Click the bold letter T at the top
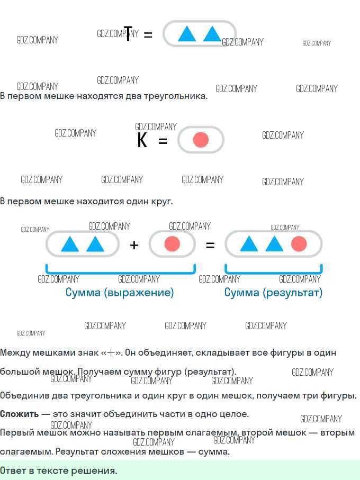pos(128,33)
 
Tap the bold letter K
pos(142,140)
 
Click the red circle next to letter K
pos(201,140)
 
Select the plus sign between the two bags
pos(134,245)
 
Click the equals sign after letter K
pos(163,141)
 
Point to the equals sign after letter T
pos(148,34)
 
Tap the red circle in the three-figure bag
pos(299,243)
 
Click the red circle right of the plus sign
pos(172,244)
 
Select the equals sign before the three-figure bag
pos(210,245)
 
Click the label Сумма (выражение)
pos(120,293)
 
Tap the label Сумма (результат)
pos(273,293)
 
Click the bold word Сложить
pos(19,414)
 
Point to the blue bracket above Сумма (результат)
pos(273,272)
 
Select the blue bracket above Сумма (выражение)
pos(121,272)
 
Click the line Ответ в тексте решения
pos(58,470)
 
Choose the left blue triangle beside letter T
pos(187,33)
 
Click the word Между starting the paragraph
pos(15,352)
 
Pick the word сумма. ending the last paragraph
pos(214,452)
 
